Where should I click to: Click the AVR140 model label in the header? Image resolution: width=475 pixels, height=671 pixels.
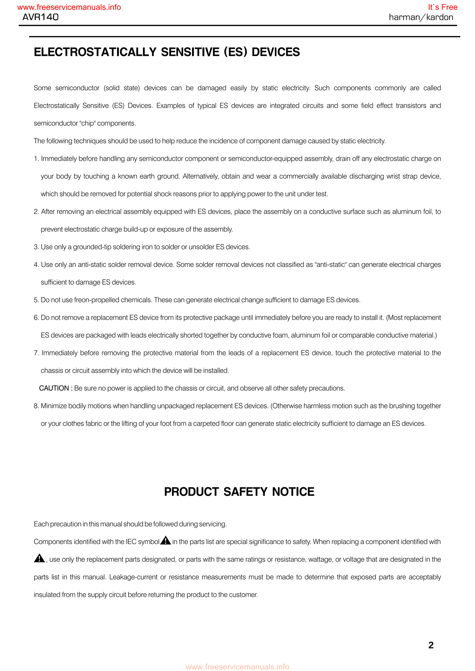[40, 17]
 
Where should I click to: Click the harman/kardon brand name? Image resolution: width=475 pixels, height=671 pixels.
[421, 17]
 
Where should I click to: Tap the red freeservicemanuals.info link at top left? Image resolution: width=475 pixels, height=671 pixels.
[69, 7]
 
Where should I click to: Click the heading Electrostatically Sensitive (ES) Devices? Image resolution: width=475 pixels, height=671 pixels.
[167, 52]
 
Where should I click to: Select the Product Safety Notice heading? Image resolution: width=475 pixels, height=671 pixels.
[239, 492]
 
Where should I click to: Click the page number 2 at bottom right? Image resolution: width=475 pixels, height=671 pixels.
[431, 645]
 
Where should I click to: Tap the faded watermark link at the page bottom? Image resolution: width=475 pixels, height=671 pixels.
[237, 667]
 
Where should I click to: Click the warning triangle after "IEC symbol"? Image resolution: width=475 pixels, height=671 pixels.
[166, 540]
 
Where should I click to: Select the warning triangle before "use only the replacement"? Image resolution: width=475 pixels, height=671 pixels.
[39, 558]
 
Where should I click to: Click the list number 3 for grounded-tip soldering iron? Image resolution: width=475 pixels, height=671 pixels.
[36, 247]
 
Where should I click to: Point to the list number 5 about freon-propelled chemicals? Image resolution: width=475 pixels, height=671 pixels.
[36, 300]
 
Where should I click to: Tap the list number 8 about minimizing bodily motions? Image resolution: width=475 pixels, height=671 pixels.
[36, 406]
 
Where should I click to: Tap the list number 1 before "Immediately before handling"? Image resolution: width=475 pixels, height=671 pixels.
[36, 159]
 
